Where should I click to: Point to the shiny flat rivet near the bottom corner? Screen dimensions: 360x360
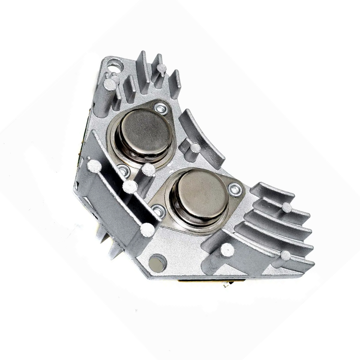coord(157,263)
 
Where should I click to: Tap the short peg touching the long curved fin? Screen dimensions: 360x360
coord(194,148)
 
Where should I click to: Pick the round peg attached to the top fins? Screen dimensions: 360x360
coord(162,67)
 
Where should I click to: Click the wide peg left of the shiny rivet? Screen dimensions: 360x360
coord(147,230)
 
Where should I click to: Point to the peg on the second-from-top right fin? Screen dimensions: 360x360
coord(286,207)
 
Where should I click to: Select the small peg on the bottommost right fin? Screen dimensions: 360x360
coord(285,255)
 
